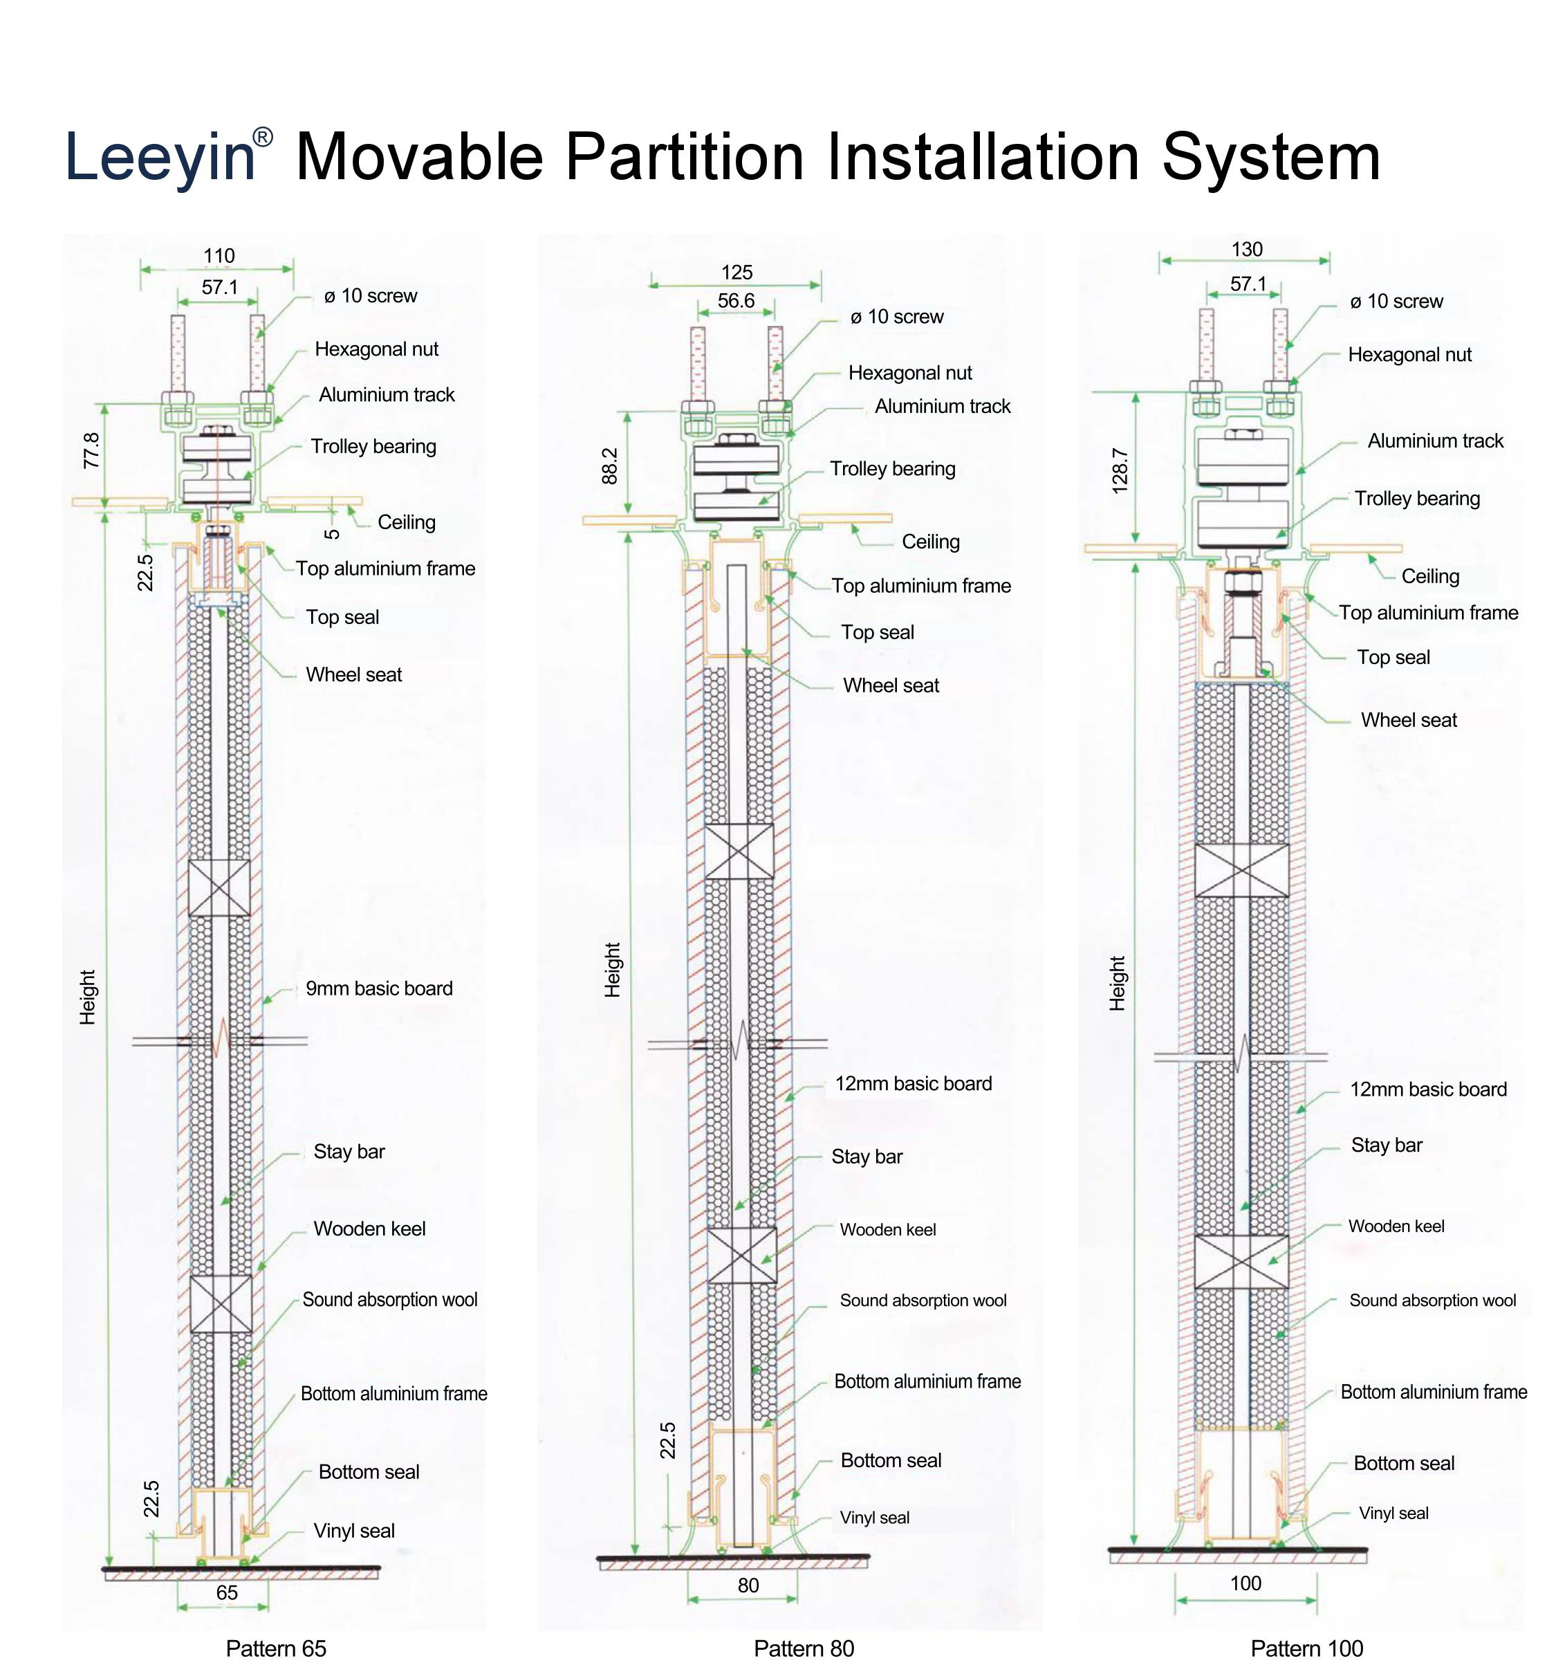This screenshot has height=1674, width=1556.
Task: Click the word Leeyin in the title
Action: [x=160, y=156]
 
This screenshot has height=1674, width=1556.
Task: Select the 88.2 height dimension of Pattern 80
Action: [x=609, y=466]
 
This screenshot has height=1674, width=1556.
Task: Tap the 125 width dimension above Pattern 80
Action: [x=737, y=272]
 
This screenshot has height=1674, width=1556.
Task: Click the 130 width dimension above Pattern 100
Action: [x=1247, y=249]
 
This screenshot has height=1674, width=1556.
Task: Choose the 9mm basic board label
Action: [x=379, y=988]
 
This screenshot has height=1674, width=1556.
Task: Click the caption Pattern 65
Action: [x=275, y=1648]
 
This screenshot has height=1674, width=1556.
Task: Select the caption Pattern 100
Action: [x=1307, y=1648]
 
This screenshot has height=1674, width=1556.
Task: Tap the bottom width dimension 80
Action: [x=748, y=1585]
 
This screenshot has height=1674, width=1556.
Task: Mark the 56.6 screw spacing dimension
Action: [x=736, y=301]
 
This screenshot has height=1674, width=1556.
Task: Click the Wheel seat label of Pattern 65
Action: [x=353, y=674]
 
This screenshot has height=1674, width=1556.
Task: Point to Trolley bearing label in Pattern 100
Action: [x=1417, y=499]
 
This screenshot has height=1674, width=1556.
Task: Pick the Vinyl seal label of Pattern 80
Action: [x=874, y=1518]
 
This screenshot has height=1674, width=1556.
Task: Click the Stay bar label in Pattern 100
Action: [x=1387, y=1146]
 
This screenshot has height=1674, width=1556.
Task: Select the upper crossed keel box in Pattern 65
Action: [x=219, y=887]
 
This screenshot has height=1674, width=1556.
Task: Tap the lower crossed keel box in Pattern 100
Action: [x=1242, y=1262]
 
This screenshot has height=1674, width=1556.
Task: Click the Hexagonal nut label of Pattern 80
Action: [x=910, y=373]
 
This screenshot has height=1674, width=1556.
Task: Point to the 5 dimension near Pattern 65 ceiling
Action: [x=333, y=534]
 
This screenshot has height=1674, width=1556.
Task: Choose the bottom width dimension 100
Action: [x=1245, y=1583]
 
